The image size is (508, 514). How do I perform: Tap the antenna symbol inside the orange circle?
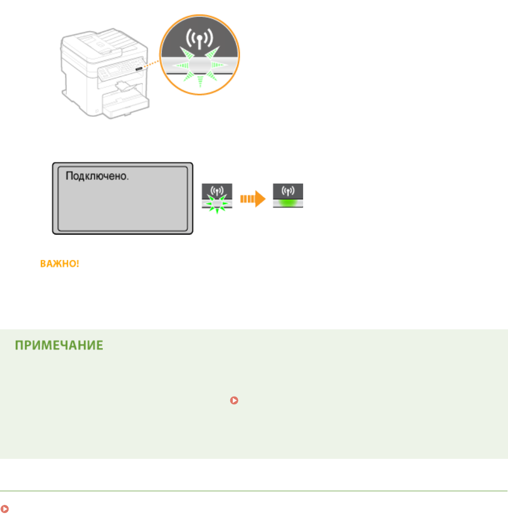199,40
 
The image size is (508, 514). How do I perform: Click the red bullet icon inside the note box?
233,400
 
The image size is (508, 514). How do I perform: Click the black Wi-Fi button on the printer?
139,65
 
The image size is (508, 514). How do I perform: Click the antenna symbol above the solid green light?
288,191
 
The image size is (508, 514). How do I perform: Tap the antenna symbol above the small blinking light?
217,191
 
